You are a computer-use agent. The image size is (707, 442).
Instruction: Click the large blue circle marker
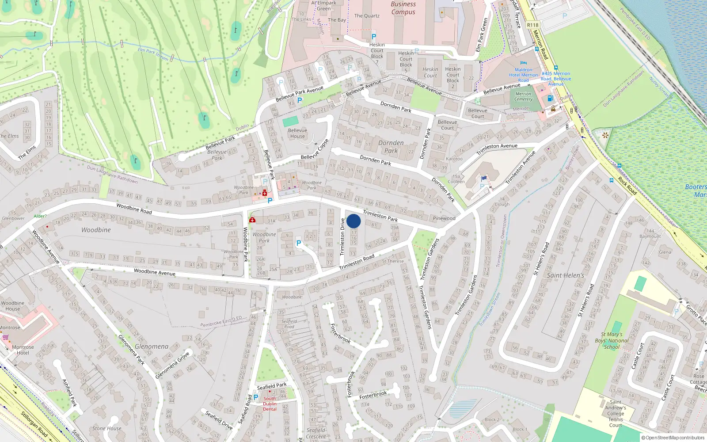click(x=353, y=221)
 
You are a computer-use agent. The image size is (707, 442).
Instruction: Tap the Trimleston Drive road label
click(x=342, y=237)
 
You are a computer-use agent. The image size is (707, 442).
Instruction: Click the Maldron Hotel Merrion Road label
click(x=523, y=75)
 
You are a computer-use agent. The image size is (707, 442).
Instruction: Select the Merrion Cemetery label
click(x=523, y=96)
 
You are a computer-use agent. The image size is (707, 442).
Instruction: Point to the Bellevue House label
click(x=297, y=133)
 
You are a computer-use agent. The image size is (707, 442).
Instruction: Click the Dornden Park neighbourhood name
click(x=391, y=146)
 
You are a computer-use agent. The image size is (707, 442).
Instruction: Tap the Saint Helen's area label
click(x=565, y=275)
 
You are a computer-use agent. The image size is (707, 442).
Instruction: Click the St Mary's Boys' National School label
click(x=612, y=340)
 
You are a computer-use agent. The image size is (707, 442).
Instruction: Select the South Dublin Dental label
click(x=270, y=404)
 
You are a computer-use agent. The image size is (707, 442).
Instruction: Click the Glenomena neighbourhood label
click(x=152, y=346)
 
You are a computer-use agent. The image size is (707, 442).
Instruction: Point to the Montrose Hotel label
click(x=23, y=350)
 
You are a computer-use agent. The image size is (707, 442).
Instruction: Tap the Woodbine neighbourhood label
click(x=96, y=230)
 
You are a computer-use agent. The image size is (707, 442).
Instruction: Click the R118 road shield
click(x=532, y=25)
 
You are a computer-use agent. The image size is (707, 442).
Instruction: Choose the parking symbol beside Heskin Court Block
click(x=374, y=37)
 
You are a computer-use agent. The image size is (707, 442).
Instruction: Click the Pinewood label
click(x=444, y=218)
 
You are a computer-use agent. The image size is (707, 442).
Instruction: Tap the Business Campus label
click(x=403, y=8)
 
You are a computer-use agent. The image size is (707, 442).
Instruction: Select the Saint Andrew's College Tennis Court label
click(x=616, y=414)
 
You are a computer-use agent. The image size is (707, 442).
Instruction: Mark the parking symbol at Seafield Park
click(x=255, y=397)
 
